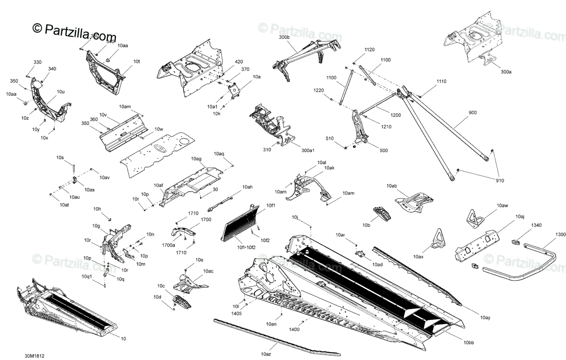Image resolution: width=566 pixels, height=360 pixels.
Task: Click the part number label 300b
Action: tap(284, 37)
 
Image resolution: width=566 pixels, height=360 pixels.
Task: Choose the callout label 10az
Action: tap(266, 352)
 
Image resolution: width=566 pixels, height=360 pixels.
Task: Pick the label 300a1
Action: tap(308, 150)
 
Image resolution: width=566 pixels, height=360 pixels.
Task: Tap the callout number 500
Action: tap(383, 150)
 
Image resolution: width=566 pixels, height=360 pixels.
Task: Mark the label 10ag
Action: tap(196, 159)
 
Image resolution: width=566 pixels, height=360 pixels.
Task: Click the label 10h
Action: tap(97, 209)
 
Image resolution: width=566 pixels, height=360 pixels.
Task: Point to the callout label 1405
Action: tap(236, 313)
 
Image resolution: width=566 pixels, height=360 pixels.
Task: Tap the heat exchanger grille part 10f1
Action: tap(241, 223)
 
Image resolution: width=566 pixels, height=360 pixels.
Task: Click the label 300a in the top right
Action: tap(506, 72)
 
